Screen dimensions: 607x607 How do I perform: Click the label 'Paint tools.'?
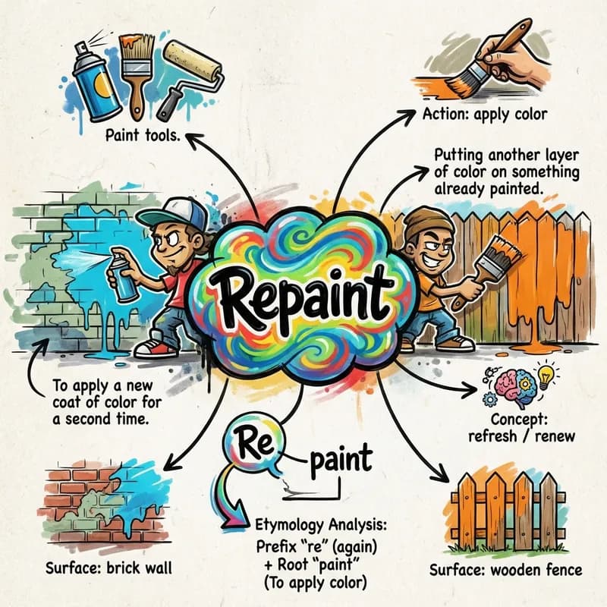[x=143, y=136]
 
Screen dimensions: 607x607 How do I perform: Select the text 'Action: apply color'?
[x=485, y=115]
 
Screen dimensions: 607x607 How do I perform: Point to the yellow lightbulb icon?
[x=546, y=378]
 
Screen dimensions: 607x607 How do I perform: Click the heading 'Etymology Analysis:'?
[x=321, y=525]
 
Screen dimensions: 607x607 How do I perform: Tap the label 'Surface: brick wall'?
[x=109, y=568]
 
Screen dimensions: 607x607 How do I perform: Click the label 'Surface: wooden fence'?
[x=505, y=571]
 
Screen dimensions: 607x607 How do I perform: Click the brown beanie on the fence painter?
[x=428, y=223]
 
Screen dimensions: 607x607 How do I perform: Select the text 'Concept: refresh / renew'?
[x=521, y=428]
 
